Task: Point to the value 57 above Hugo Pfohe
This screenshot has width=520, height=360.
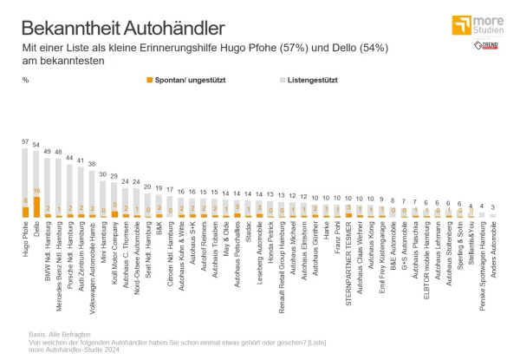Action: pos(25,141)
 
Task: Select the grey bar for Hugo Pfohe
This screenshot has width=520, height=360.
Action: pos(25,173)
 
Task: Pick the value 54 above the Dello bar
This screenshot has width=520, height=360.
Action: pos(36,145)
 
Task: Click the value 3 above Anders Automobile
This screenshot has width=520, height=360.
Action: pos(493,206)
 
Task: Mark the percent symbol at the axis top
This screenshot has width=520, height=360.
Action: pos(26,79)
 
